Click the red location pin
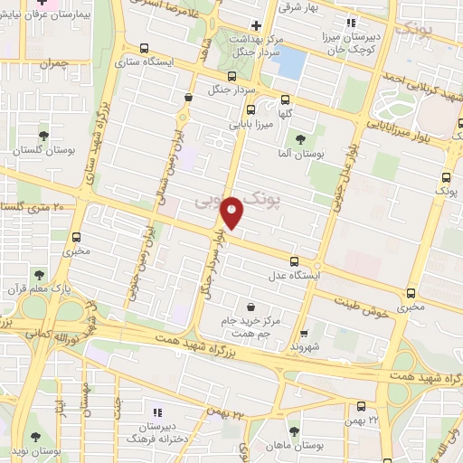pos(232,212)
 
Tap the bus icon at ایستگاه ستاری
pos(144,49)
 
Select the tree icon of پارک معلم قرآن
pos(40,273)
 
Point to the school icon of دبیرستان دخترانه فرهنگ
pos(156,411)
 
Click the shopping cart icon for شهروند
pos(305,332)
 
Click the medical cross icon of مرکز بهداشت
pos(258,25)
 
